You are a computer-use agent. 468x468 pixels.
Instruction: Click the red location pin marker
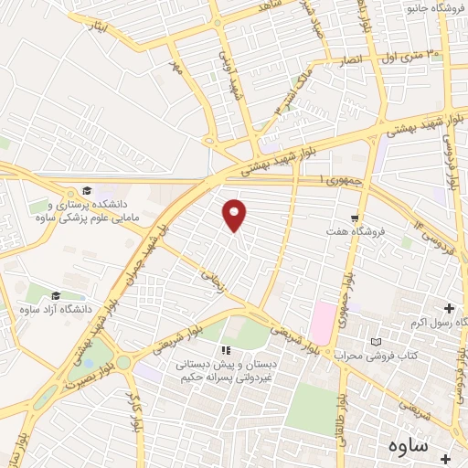tap(235, 215)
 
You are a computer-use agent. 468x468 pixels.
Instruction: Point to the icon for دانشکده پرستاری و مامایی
tap(86, 190)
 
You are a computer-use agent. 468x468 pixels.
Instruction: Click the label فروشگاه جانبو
tap(435, 9)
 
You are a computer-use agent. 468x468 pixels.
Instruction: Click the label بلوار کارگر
tap(136, 415)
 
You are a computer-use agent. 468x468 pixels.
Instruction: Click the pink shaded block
tap(322, 323)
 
